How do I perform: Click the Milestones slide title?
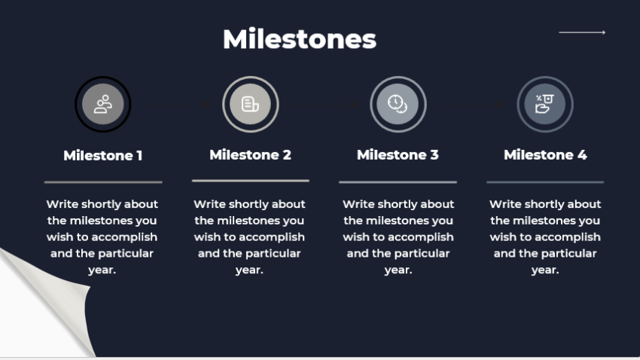tap(299, 39)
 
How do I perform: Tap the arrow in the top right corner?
tap(582, 32)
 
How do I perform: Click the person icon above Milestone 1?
tap(103, 105)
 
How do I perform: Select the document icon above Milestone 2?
tap(250, 105)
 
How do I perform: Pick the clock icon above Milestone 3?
tap(398, 105)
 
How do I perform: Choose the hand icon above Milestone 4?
tap(544, 105)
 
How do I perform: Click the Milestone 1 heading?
tap(103, 156)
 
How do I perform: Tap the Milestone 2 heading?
tap(250, 155)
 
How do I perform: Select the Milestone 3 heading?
tap(398, 155)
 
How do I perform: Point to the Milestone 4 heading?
tap(544, 155)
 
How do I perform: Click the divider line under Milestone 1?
tap(103, 182)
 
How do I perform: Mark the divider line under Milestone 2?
tap(250, 181)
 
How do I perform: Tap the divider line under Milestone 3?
tap(398, 182)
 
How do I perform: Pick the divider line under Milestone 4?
tap(544, 182)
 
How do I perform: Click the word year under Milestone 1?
tap(102, 270)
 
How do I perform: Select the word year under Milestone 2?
tap(249, 270)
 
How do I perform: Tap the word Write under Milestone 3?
tap(358, 204)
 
